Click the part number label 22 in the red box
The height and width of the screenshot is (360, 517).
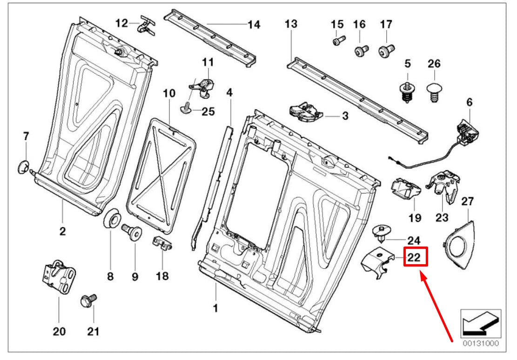click(415, 256)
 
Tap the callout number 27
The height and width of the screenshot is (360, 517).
click(467, 201)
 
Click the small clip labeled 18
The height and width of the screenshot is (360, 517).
click(161, 242)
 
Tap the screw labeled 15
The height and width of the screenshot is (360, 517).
click(338, 40)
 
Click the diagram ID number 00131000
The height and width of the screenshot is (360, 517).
click(481, 345)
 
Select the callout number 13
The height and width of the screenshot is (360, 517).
click(290, 25)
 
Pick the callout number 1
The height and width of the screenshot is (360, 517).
click(215, 308)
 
